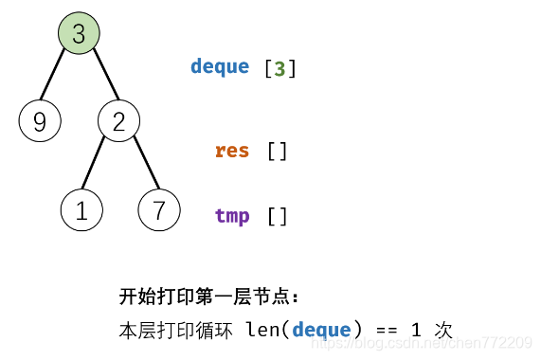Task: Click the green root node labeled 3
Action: coord(79,34)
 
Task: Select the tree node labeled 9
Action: coord(39,121)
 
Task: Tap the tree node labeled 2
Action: coord(118,121)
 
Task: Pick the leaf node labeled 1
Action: coord(81,210)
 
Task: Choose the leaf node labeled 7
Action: coord(159,210)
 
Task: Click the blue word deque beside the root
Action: coord(220,66)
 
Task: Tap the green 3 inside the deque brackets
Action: coord(280,68)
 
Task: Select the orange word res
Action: coord(232,151)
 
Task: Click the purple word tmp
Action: coord(232,216)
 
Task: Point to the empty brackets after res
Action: coord(277,151)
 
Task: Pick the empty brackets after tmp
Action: coord(277,216)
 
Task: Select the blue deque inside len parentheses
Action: coord(322,330)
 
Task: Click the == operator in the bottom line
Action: coord(387,330)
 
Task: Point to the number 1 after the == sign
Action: coord(416,330)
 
